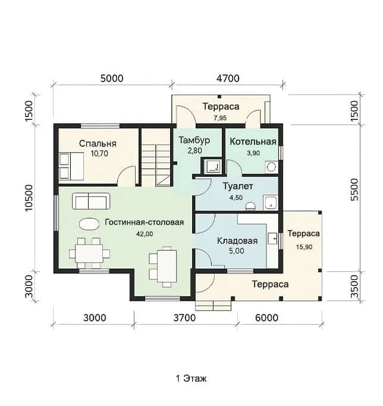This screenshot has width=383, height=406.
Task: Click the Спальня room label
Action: [98, 144]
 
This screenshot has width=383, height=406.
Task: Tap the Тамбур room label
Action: [194, 140]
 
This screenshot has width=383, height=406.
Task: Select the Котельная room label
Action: [253, 141]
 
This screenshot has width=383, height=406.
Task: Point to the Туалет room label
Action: [238, 186]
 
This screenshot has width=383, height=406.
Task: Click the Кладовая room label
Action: [237, 241]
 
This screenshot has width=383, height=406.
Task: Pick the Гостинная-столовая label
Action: [145, 222]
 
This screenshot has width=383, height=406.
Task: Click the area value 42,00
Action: [145, 234]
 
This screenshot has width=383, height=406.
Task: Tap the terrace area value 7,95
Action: [220, 118]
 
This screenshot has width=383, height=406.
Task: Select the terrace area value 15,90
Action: [304, 247]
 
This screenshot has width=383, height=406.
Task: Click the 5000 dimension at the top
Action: [112, 78]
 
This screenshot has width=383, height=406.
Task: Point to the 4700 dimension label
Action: [228, 78]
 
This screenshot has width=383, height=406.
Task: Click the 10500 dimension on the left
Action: [29, 198]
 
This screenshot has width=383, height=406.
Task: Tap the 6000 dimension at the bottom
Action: [266, 317]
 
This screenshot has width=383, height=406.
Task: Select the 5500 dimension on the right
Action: [354, 190]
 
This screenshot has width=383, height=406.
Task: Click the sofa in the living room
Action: [91, 201]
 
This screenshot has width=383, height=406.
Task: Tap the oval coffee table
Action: [89, 224]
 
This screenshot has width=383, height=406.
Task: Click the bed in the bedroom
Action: [71, 166]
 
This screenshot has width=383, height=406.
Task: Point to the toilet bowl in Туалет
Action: [250, 206]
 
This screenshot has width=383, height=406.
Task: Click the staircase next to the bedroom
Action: [156, 165]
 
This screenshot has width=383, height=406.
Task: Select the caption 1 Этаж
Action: [191, 379]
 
